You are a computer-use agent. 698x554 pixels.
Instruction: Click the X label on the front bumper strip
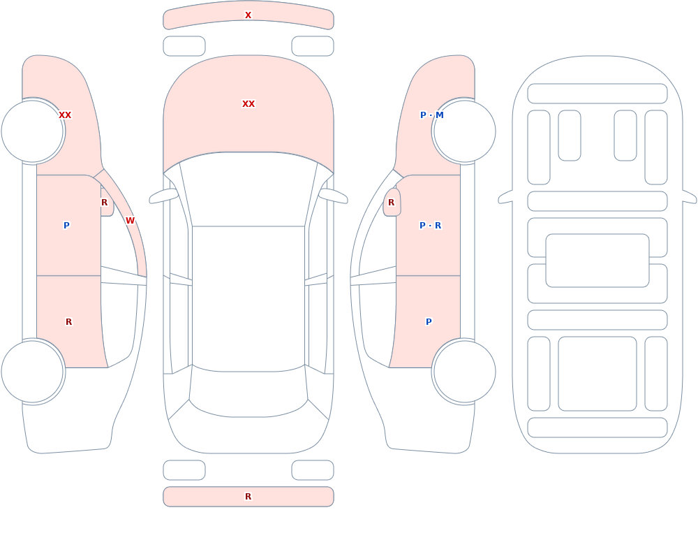(248, 15)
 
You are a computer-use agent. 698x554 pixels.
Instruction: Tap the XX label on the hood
(248, 104)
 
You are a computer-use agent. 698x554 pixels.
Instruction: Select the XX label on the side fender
(65, 115)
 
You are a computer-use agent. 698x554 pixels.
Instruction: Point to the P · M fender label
(432, 115)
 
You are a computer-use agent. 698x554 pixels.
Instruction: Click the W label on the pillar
(130, 221)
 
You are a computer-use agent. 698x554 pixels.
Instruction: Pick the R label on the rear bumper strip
(248, 497)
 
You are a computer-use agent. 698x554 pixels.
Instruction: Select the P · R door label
(431, 226)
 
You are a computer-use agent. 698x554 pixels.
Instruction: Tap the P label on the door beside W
(66, 226)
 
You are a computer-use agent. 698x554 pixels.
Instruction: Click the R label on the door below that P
(68, 322)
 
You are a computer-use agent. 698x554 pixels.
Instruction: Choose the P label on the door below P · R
(429, 322)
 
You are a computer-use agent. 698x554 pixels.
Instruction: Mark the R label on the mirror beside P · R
(392, 203)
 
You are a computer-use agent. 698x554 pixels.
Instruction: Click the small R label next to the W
(104, 203)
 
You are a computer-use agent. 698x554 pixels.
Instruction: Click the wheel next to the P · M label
(464, 131)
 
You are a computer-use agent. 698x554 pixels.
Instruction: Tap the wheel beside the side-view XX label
(33, 131)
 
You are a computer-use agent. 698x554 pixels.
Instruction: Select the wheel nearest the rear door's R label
(33, 371)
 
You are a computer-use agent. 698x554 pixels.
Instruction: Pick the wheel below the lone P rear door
(464, 371)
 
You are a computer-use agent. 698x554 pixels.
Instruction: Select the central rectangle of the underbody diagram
(597, 261)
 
